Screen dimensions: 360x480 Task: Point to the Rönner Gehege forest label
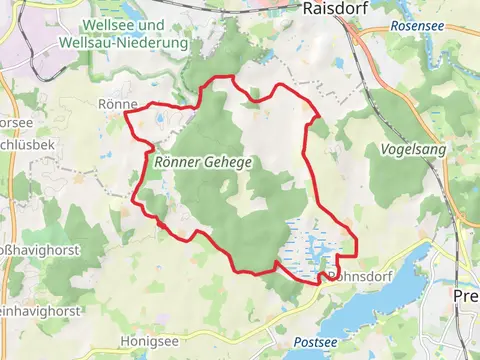[202, 160]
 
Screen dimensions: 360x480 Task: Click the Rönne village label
[117, 103]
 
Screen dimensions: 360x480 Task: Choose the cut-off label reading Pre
[466, 297]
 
